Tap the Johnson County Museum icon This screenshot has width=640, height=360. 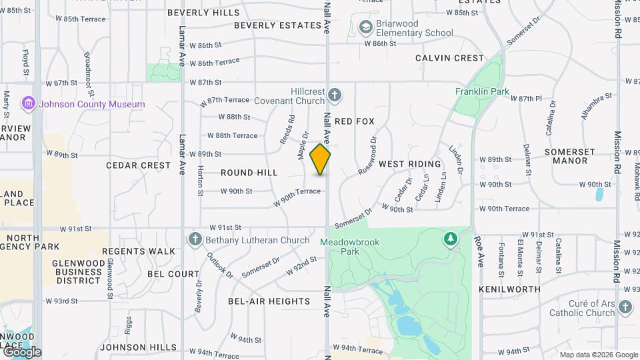28,103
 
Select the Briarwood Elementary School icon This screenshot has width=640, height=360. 365,27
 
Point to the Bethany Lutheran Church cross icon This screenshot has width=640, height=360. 195,239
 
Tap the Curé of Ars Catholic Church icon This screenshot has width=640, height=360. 625,307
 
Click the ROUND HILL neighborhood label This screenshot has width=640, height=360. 249,173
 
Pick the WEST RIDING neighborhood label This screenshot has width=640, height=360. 410,164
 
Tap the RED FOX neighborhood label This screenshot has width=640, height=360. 355,121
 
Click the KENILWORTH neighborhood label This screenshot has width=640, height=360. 510,289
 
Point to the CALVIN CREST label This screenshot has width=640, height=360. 449,58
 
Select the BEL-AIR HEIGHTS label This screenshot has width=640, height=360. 269,301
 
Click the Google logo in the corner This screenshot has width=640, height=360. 22,351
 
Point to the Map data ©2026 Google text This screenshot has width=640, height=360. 598,355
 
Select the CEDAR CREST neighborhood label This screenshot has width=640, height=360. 138,165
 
